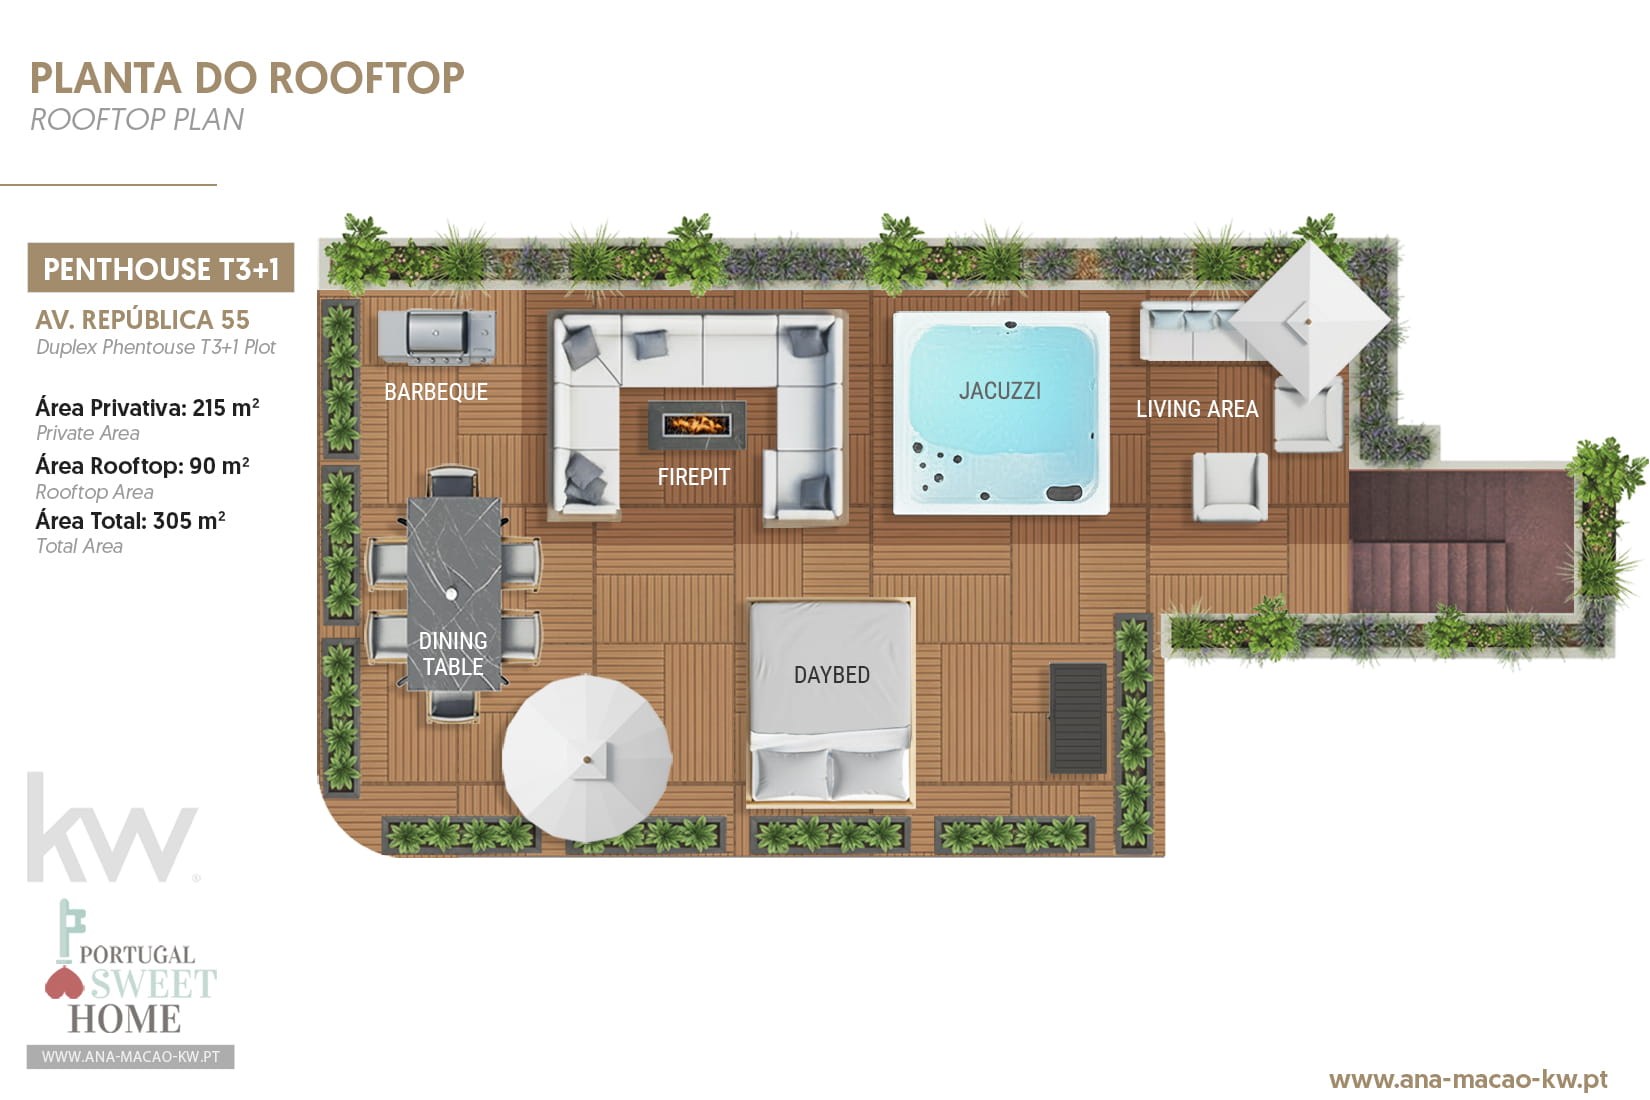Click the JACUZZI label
coord(1000,391)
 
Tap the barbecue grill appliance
coord(436,336)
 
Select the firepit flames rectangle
coord(696,425)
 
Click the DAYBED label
coord(831,675)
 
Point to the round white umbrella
coord(587,758)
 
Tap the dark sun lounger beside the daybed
coord(1078,717)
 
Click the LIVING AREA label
coord(1197,409)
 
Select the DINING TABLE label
coord(453,653)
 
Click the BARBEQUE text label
coord(436,392)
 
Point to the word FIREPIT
coord(693,477)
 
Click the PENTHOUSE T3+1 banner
coord(161,268)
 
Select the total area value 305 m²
coord(189,521)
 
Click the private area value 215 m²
coord(226,408)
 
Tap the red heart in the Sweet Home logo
coord(64,984)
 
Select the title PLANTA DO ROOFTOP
coord(247,78)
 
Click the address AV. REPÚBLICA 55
coord(142,320)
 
